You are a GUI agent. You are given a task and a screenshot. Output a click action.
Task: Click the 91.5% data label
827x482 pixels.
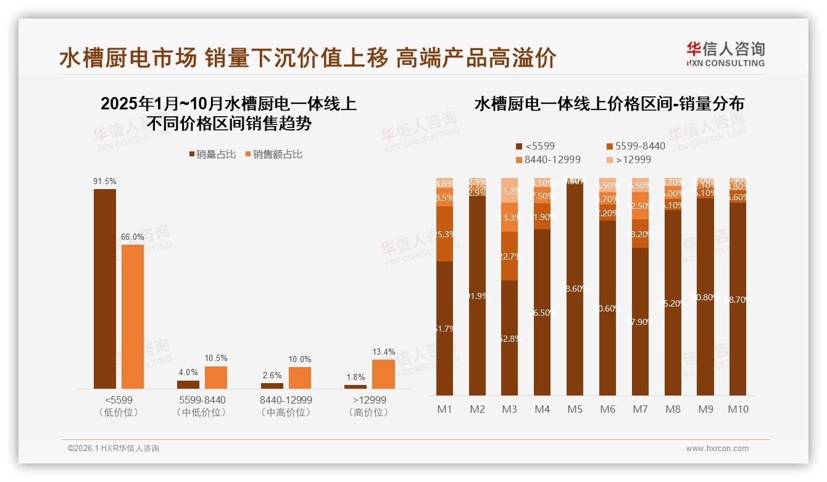pos(105,181)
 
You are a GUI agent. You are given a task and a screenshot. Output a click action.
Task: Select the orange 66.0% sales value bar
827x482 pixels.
pos(133,316)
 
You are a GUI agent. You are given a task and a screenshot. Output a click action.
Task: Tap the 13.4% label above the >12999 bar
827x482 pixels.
pos(384,352)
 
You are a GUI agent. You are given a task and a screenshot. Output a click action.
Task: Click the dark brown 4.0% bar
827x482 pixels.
pos(188,384)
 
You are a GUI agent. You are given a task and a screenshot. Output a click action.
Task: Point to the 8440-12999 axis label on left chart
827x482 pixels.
pos(286,400)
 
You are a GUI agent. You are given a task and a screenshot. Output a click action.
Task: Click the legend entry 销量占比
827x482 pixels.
pos(212,154)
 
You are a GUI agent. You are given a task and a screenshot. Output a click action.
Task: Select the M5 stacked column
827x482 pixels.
pos(575,287)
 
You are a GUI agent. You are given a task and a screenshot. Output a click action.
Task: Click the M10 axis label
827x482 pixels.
pos(738,409)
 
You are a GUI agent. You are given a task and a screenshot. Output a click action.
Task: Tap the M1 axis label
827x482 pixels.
pos(444,409)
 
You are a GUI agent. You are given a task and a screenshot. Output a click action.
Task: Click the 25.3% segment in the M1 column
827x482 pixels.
pos(444,234)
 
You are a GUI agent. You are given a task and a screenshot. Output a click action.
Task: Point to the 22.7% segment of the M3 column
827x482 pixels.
pos(509,256)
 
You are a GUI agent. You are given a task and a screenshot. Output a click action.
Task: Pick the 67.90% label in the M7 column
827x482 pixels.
pos(640,321)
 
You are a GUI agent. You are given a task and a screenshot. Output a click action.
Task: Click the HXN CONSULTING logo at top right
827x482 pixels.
pos(725,54)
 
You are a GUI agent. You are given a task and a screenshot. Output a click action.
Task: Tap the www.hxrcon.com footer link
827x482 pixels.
pos(717,449)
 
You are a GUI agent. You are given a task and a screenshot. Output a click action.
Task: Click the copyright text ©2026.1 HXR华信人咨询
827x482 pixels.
pos(113,449)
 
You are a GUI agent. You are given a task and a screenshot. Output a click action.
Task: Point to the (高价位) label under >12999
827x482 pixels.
pos(370,412)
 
